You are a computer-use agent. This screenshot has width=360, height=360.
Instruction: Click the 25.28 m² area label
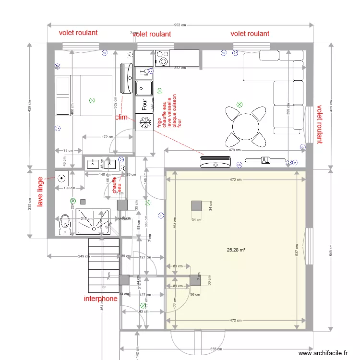(x=236, y=250)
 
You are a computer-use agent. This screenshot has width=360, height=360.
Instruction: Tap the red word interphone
(x=100, y=299)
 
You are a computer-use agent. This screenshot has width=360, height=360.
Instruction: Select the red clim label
(x=121, y=117)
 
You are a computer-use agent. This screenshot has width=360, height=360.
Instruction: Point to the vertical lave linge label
(x=40, y=192)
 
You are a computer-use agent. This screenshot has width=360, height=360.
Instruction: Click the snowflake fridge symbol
(x=143, y=123)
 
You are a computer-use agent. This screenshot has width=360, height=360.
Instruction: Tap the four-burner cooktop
(x=162, y=59)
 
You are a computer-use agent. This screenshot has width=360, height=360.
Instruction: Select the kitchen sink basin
(x=143, y=88)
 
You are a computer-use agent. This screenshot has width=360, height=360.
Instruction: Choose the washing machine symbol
(x=61, y=179)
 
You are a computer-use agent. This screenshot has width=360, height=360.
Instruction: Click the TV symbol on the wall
(x=265, y=160)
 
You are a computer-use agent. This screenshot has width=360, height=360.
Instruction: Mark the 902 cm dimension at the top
(x=180, y=25)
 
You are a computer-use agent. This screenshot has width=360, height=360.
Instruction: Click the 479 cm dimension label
(x=234, y=150)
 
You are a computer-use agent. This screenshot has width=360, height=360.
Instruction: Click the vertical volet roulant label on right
(x=319, y=125)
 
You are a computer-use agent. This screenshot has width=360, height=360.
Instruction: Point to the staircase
(x=104, y=264)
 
